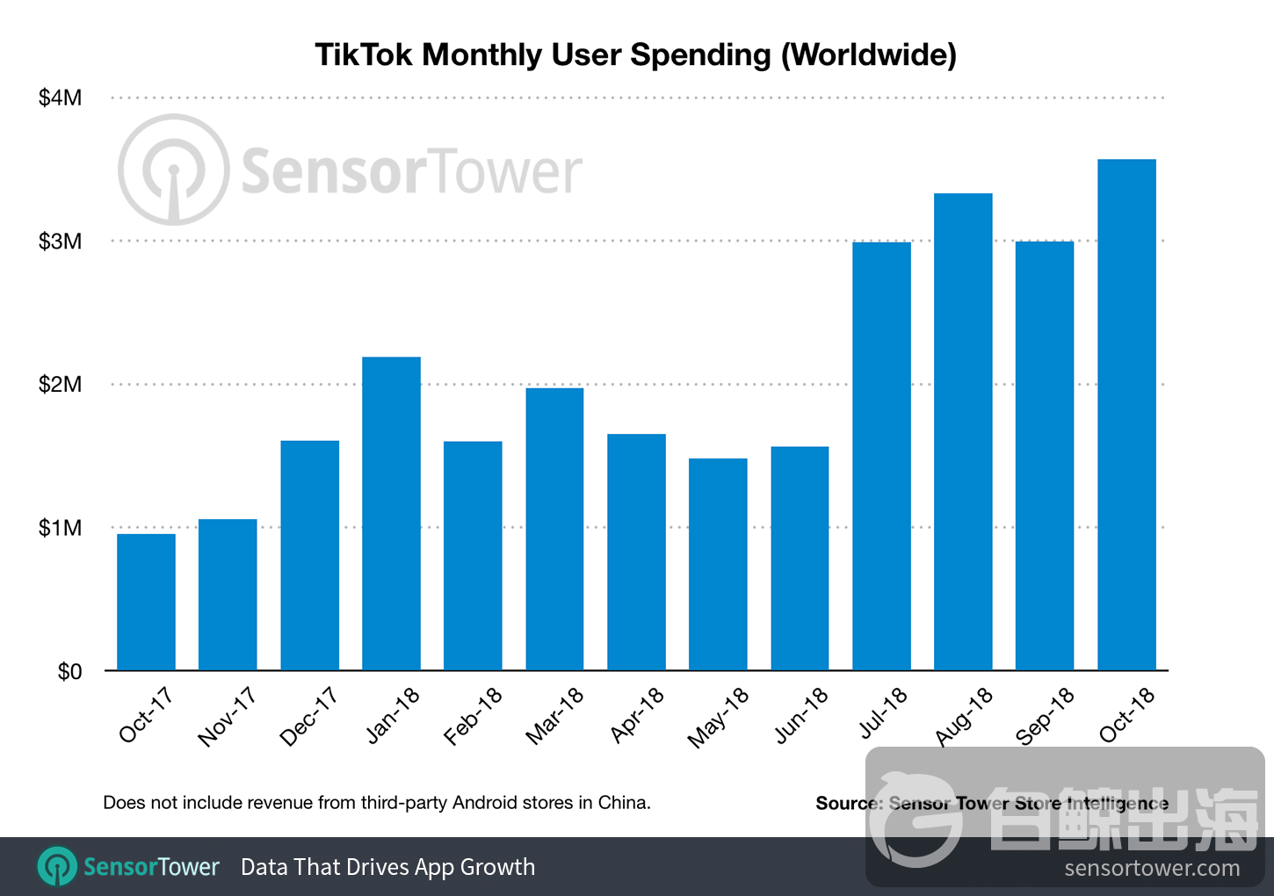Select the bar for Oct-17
[146, 603]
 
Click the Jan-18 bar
[391, 514]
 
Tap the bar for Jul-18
[881, 456]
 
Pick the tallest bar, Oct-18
[1126, 415]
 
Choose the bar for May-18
[718, 564]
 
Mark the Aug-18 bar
[963, 431]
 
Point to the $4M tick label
[60, 98]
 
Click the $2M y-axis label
[60, 384]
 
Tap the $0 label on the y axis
[69, 672]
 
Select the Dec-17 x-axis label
[308, 717]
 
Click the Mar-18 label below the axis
[554, 716]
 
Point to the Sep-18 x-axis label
[1045, 716]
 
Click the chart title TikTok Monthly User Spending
[635, 54]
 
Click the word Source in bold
[847, 803]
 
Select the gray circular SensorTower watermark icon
[174, 170]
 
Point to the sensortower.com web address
[1152, 869]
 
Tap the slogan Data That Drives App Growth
[387, 867]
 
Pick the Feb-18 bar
[473, 556]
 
